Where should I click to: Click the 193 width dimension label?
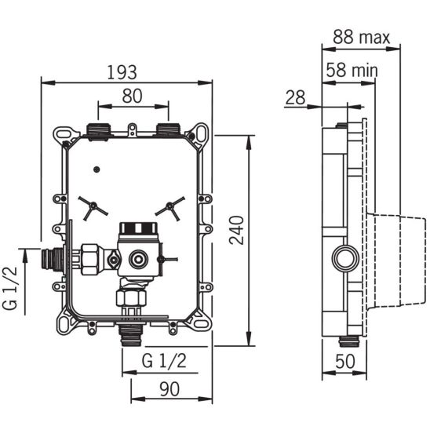(x=122, y=72)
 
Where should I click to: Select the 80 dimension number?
(x=132, y=96)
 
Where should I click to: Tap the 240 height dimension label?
(x=236, y=230)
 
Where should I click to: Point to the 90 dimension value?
(x=169, y=389)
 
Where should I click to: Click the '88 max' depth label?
(x=361, y=37)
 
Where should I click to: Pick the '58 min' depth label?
(x=352, y=70)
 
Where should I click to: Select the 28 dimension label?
(x=295, y=97)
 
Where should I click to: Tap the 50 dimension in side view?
(x=345, y=361)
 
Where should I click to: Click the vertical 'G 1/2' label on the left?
(x=10, y=288)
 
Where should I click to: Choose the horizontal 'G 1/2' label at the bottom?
(x=164, y=360)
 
